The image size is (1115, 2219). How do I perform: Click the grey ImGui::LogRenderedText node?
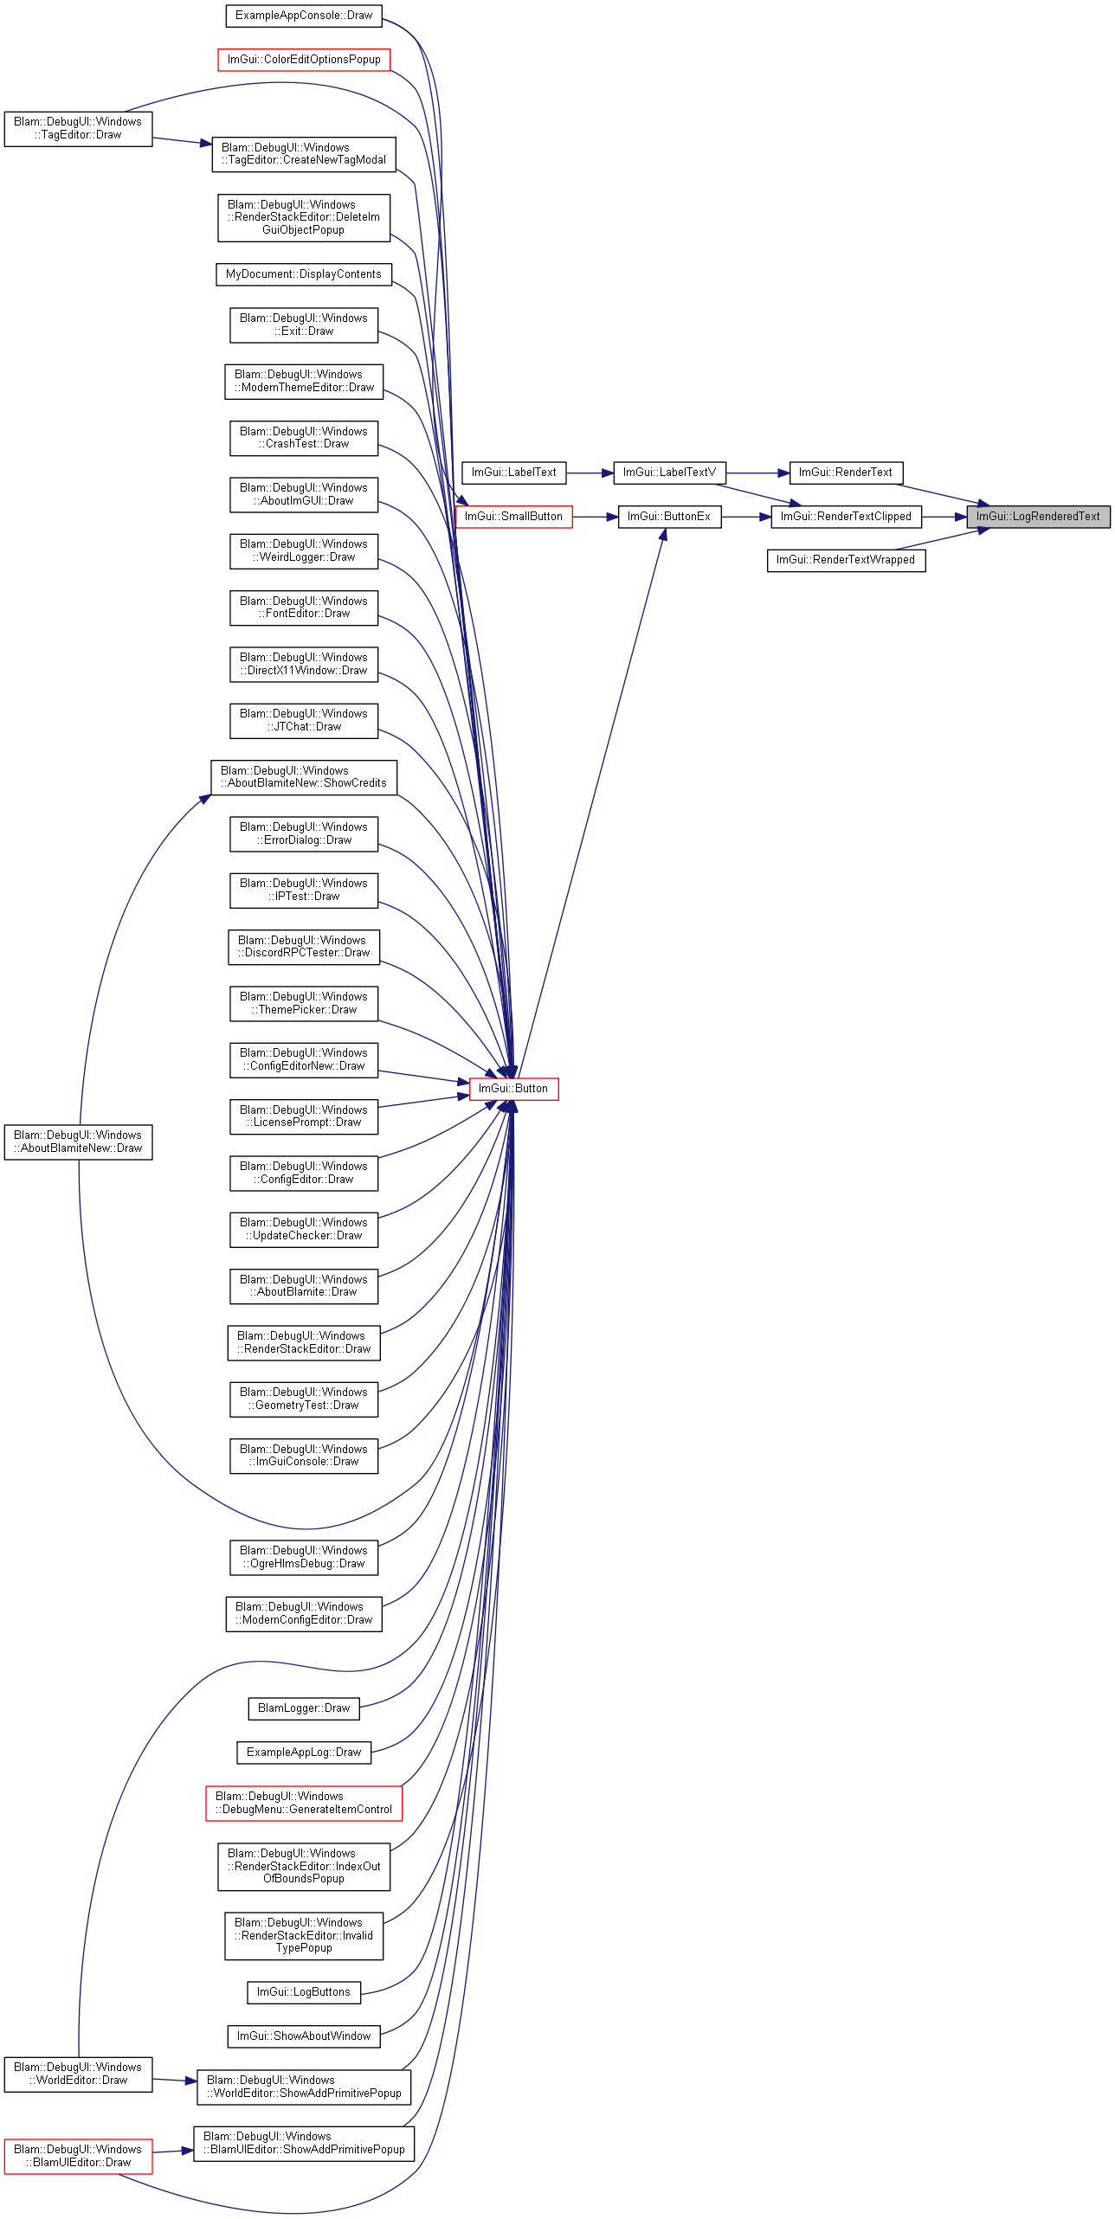click(x=1038, y=517)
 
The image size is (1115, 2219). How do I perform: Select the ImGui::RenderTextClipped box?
click(x=846, y=517)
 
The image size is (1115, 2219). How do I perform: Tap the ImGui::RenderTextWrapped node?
click(x=846, y=560)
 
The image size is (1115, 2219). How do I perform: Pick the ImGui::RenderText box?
click(x=846, y=473)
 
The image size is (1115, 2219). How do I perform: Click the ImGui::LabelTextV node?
click(x=669, y=473)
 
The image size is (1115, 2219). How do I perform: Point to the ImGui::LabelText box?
click(x=514, y=473)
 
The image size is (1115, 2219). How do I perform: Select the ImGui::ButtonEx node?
click(x=669, y=517)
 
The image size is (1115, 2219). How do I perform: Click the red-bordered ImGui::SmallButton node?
click(x=514, y=517)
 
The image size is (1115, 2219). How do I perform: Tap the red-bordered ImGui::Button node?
click(x=514, y=1089)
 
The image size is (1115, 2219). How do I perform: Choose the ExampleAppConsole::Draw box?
click(x=304, y=16)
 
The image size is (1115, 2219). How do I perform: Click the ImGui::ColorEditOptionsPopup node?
click(x=304, y=60)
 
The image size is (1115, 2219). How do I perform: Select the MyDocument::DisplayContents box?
click(x=304, y=274)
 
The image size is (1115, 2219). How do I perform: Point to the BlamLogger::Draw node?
click(x=304, y=1708)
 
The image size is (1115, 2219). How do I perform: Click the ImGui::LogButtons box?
click(x=304, y=1992)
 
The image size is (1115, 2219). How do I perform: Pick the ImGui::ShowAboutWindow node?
click(x=304, y=2036)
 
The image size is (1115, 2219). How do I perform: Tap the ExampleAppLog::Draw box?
click(x=304, y=1753)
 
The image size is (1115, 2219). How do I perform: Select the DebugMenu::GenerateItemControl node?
click(x=304, y=1804)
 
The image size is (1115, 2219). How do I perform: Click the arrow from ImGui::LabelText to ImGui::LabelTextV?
click(x=590, y=473)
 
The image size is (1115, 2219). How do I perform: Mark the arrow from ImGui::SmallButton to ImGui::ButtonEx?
click(x=595, y=517)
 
